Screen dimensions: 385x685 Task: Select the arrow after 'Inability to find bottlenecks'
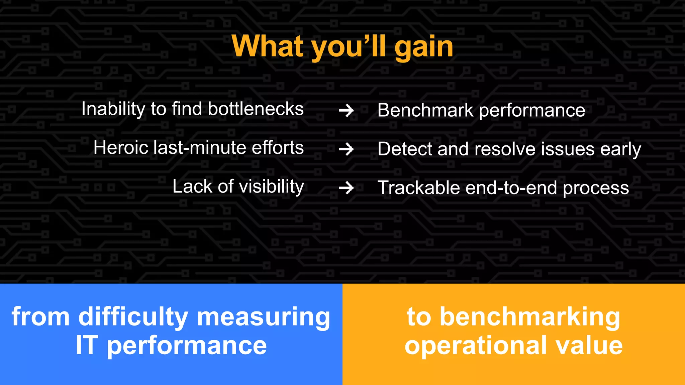click(346, 111)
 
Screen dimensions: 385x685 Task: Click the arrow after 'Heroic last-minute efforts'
click(346, 149)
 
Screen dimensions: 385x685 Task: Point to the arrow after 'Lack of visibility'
click(346, 188)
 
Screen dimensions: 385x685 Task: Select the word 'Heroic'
click(121, 147)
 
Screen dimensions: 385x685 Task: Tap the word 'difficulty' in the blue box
click(133, 317)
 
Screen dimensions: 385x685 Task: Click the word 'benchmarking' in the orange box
click(530, 317)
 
